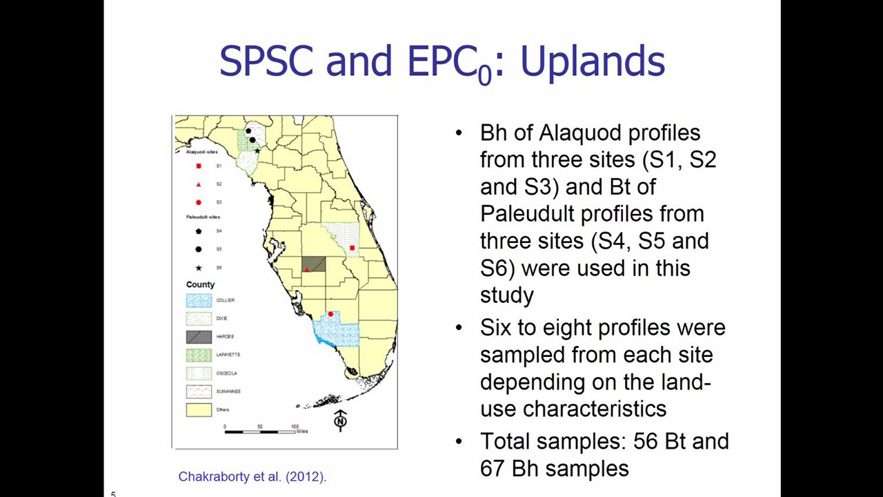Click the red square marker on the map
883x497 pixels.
pyautogui.click(x=353, y=248)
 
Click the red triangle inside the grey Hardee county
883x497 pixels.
pyautogui.click(x=308, y=269)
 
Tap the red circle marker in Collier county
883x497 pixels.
pyautogui.click(x=330, y=315)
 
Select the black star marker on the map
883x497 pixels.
pyautogui.click(x=258, y=150)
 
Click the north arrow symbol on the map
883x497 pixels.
pyautogui.click(x=340, y=420)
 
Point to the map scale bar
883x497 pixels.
pyautogui.click(x=261, y=431)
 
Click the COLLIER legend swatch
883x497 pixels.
pyautogui.click(x=199, y=300)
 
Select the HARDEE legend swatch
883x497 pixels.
pyautogui.click(x=199, y=337)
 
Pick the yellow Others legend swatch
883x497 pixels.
pyautogui.click(x=199, y=409)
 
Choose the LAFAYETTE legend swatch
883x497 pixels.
pyautogui.click(x=199, y=355)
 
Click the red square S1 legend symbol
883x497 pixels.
pyautogui.click(x=199, y=166)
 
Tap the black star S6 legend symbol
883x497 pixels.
pyautogui.click(x=199, y=268)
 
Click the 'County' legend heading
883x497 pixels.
pyautogui.click(x=200, y=284)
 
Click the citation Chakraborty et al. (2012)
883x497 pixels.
pyautogui.click(x=252, y=476)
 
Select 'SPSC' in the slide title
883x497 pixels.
pyautogui.click(x=268, y=61)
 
